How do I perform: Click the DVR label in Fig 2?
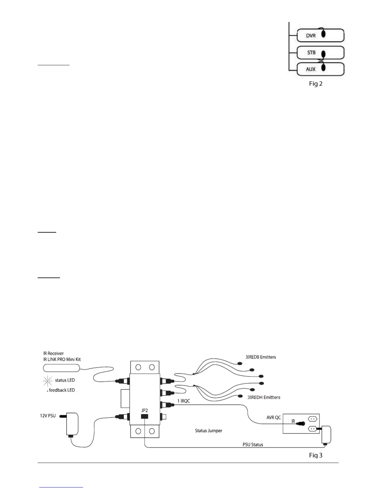(x=311, y=36)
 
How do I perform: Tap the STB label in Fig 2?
(x=311, y=53)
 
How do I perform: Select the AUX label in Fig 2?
(x=311, y=69)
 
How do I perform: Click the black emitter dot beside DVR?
(x=323, y=34)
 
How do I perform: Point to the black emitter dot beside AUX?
(x=323, y=67)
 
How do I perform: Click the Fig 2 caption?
(x=316, y=84)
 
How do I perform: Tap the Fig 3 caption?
(x=316, y=455)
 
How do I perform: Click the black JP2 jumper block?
(x=144, y=416)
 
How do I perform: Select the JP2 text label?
(x=145, y=410)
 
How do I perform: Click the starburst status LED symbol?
(x=48, y=380)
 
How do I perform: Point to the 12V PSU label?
(x=48, y=415)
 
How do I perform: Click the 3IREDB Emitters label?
(x=261, y=357)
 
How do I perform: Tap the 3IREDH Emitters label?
(x=264, y=397)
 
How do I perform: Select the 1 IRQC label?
(x=183, y=401)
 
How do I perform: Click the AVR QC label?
(x=274, y=417)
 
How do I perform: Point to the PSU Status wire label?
(x=253, y=445)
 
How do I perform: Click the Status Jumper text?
(x=208, y=431)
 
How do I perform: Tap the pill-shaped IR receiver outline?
(x=61, y=368)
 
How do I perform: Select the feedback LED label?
(x=62, y=390)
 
